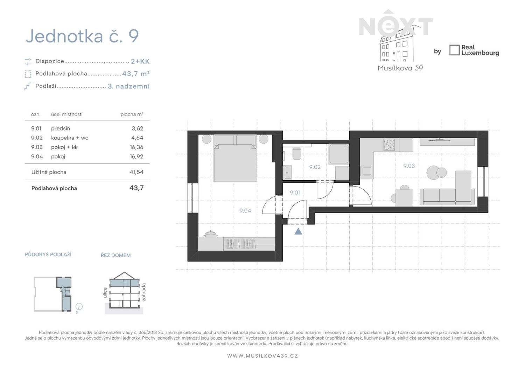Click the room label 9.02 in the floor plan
315,167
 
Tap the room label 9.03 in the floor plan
409,166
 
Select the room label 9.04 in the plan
245,211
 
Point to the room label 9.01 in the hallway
295,192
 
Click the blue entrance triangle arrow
298,232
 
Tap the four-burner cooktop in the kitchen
389,144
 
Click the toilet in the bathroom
297,153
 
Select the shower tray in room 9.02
339,154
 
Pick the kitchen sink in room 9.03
367,170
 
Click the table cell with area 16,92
136,156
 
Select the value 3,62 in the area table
137,128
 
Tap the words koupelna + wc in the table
70,138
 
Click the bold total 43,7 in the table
136,188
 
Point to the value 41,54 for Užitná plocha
136,172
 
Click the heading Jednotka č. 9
82,36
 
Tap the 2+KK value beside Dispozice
140,61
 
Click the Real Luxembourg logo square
454,50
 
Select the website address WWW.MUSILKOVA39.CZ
262,356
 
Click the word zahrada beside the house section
144,292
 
